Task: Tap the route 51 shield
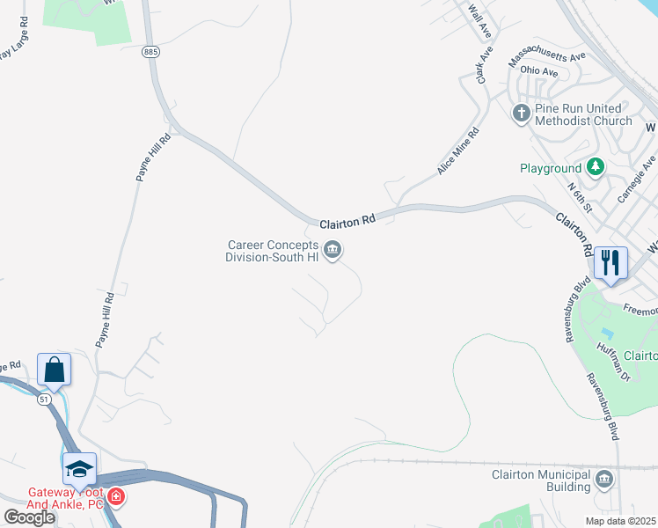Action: pyautogui.click(x=45, y=400)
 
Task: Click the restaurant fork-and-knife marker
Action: pyautogui.click(x=610, y=262)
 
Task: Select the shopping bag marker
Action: pyautogui.click(x=54, y=369)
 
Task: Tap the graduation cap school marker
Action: pyautogui.click(x=79, y=468)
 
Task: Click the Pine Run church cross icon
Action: pyautogui.click(x=521, y=114)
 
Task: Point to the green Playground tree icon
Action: pyautogui.click(x=596, y=167)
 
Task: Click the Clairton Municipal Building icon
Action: pyautogui.click(x=603, y=480)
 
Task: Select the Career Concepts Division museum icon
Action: pyautogui.click(x=333, y=251)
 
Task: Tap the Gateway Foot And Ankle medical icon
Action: pyautogui.click(x=116, y=498)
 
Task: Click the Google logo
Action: pyautogui.click(x=29, y=517)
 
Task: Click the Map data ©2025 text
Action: pyautogui.click(x=621, y=521)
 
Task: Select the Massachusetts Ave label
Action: pyautogui.click(x=546, y=60)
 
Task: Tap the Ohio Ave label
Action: pyautogui.click(x=539, y=71)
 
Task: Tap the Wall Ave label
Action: pyautogui.click(x=479, y=22)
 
